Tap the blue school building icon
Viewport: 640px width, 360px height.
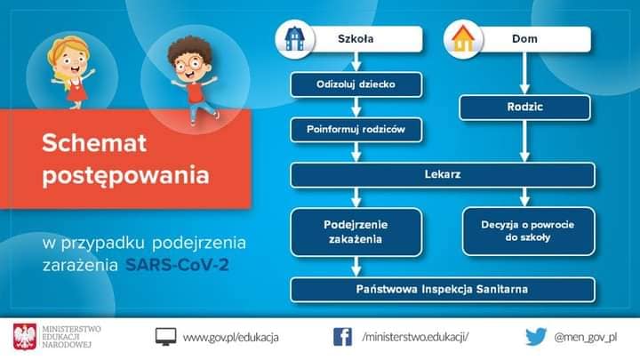click(295, 39)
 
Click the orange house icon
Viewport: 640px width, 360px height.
click(463, 39)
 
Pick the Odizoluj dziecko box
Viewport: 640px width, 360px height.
click(356, 84)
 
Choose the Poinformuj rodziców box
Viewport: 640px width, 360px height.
click(356, 130)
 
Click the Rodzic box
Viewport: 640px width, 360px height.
click(525, 107)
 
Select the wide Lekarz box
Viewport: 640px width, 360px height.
click(443, 175)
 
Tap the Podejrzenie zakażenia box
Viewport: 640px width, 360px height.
click(356, 232)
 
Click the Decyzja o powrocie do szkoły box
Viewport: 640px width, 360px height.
click(529, 231)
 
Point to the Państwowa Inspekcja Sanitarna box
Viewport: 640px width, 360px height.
click(443, 290)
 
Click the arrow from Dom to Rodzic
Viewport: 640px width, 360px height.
click(525, 73)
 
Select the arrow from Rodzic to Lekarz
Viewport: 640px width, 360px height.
click(525, 140)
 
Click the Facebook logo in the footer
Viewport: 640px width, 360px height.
click(342, 337)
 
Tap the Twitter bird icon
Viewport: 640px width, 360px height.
click(536, 337)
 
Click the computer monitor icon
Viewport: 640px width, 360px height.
click(165, 337)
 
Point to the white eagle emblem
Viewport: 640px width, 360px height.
click(25, 337)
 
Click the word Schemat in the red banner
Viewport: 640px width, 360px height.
click(94, 143)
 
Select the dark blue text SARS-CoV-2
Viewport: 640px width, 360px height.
click(177, 265)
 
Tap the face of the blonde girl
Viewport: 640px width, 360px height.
click(71, 62)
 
